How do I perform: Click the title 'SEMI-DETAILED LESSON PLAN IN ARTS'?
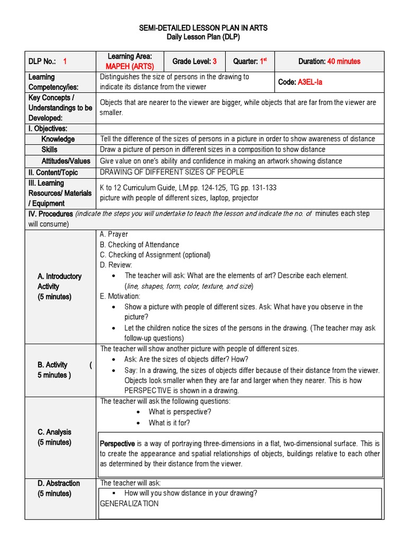tap(203, 28)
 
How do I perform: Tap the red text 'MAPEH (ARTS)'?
tap(129, 66)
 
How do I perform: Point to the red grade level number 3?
tap(215, 62)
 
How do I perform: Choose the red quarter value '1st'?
tap(262, 61)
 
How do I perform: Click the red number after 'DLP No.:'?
tap(65, 62)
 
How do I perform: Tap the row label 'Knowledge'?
tap(58, 139)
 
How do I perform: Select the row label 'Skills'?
tap(49, 150)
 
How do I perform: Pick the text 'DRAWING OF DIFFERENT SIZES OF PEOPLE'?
tap(172, 172)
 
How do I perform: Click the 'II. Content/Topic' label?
tap(53, 172)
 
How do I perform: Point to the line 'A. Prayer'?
tap(114, 234)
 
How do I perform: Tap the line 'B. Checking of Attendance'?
tap(139, 245)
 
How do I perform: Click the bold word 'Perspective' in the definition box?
tap(117, 443)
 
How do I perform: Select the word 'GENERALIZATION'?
tap(129, 504)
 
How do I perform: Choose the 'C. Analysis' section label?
tap(54, 432)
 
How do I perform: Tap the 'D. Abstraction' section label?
tap(59, 483)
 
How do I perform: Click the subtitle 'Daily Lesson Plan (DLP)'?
tap(203, 37)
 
